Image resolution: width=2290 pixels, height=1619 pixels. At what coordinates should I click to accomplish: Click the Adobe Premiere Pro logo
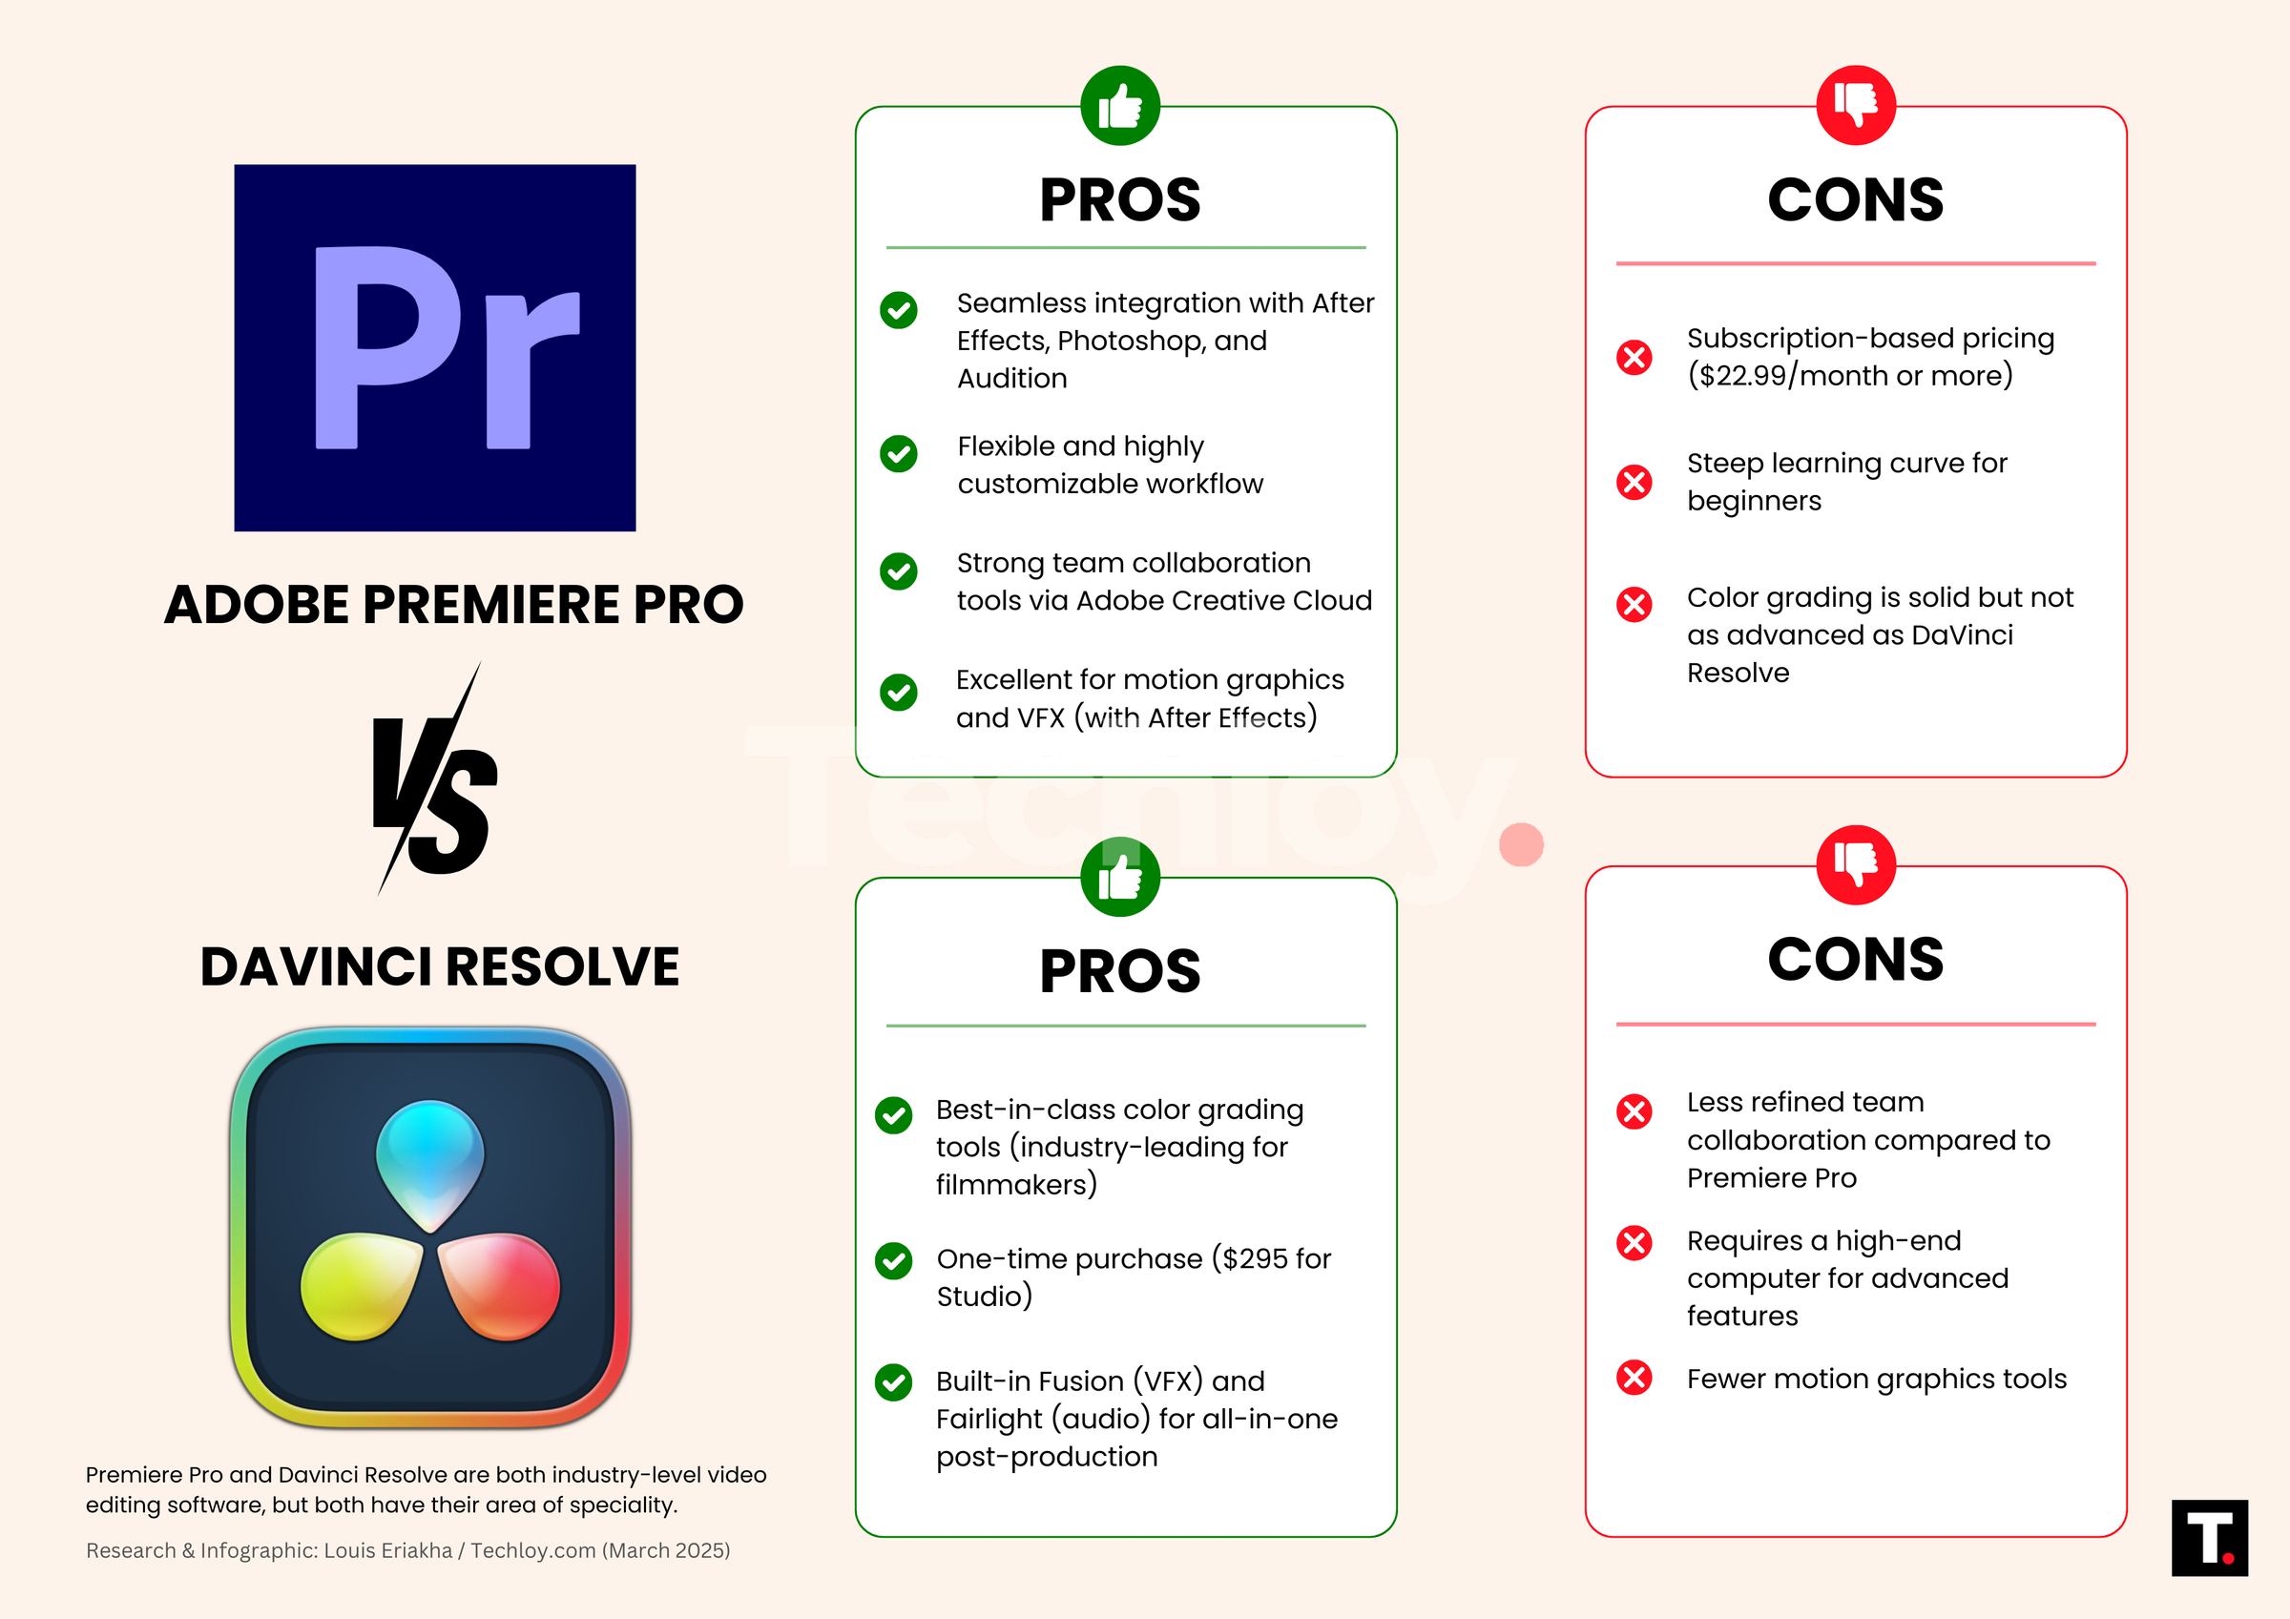tap(435, 347)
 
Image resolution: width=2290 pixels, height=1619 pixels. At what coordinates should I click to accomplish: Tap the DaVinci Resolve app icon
tap(430, 1227)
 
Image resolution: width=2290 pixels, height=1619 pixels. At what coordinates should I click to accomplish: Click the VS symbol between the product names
tap(434, 783)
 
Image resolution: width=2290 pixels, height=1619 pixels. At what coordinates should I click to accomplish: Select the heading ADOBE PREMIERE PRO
tap(454, 605)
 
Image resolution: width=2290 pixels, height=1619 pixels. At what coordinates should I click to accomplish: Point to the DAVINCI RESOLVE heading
tap(440, 966)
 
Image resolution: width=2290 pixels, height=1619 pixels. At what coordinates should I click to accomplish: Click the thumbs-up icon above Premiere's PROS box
tap(1120, 106)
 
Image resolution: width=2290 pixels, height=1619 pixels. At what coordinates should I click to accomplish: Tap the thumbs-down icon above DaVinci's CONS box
tap(1855, 865)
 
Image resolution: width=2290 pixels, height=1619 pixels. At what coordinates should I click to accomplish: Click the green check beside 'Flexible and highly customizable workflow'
tap(899, 454)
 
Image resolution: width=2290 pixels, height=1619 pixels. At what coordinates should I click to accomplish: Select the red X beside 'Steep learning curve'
tap(1634, 483)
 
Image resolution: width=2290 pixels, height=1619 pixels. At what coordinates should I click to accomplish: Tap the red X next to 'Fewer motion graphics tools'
tap(1634, 1378)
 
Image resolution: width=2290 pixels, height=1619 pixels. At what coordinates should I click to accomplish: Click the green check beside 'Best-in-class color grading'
tap(893, 1115)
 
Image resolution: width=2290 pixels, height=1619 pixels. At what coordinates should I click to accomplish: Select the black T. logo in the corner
tap(2209, 1537)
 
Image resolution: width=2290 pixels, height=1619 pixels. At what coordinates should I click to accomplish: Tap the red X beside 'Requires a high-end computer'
tap(1634, 1243)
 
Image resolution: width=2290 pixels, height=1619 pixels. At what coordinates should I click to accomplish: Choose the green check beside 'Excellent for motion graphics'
tap(899, 692)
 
